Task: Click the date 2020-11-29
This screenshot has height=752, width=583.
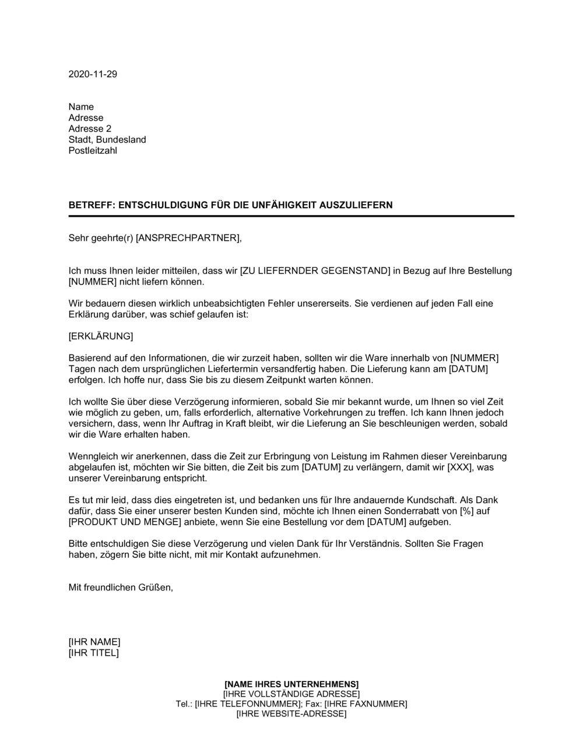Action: pyautogui.click(x=93, y=74)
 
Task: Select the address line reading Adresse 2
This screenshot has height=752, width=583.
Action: pyautogui.click(x=90, y=129)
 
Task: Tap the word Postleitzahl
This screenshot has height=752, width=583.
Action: pyautogui.click(x=93, y=151)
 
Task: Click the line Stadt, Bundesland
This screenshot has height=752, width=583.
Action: pyautogui.click(x=107, y=140)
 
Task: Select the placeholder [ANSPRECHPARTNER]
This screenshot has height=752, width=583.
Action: pyautogui.click(x=187, y=238)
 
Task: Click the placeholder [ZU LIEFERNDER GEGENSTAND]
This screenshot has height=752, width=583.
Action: pyautogui.click(x=315, y=270)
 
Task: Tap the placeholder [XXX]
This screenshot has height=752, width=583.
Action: pyautogui.click(x=460, y=468)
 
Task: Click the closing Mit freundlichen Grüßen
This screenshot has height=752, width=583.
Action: pyautogui.click(x=121, y=588)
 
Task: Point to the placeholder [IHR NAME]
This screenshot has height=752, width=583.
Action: pyautogui.click(x=94, y=642)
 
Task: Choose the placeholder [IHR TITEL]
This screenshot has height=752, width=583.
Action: pyautogui.click(x=93, y=653)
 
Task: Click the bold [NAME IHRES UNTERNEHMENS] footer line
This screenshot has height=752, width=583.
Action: pyautogui.click(x=291, y=684)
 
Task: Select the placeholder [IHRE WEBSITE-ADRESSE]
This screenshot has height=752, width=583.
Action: pyautogui.click(x=291, y=714)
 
